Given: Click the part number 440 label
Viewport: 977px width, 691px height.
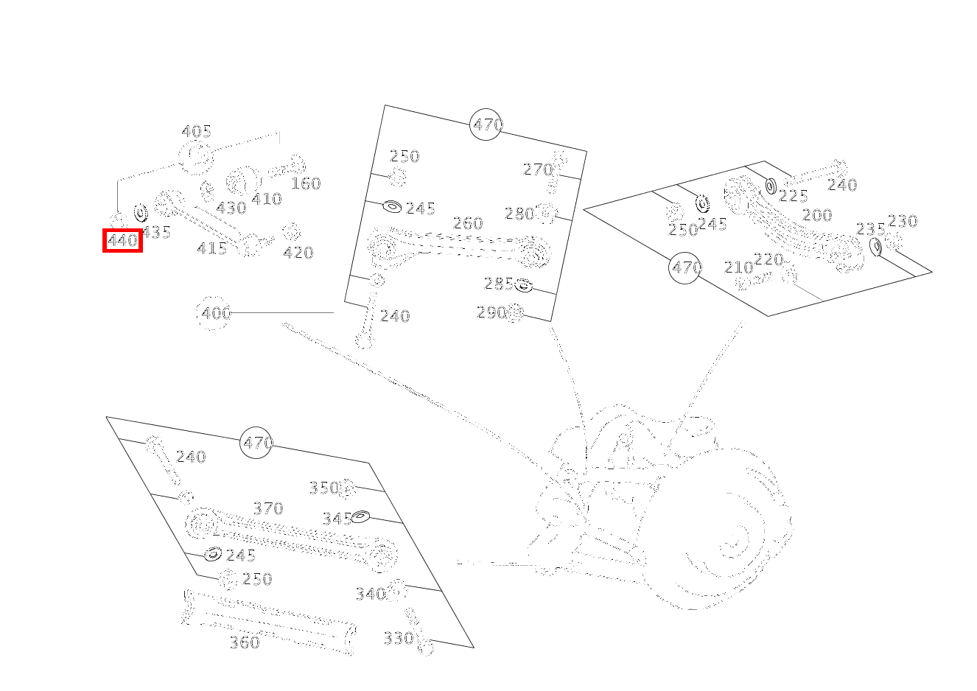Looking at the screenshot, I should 122,240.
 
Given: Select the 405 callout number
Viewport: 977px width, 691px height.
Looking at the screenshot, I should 197,132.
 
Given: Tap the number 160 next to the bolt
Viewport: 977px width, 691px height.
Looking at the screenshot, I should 306,183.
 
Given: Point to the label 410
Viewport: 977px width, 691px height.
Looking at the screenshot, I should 266,199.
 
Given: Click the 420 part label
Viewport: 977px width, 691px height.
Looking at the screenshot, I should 298,253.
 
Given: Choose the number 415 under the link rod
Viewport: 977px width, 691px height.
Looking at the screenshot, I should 212,249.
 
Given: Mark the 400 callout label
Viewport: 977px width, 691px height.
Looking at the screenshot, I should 216,313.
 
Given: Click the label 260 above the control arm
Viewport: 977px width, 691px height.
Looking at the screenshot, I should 468,223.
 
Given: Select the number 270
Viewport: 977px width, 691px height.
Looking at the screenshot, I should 538,169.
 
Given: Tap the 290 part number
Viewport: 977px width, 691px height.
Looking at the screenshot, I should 491,312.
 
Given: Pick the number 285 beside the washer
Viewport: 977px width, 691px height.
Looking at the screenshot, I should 499,284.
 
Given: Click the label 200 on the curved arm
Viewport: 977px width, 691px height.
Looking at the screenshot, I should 817,215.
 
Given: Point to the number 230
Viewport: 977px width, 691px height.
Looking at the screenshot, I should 903,221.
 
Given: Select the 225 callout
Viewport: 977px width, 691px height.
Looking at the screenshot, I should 794,196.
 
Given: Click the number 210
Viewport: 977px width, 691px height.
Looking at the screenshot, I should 738,267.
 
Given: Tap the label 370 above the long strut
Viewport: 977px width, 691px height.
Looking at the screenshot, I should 268,508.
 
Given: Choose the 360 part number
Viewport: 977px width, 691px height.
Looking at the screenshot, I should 245,642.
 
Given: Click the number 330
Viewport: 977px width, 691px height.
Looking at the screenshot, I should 399,638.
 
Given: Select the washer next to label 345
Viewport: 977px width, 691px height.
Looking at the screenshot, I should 360,516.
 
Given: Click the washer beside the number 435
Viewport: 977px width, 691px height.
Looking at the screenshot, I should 141,214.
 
